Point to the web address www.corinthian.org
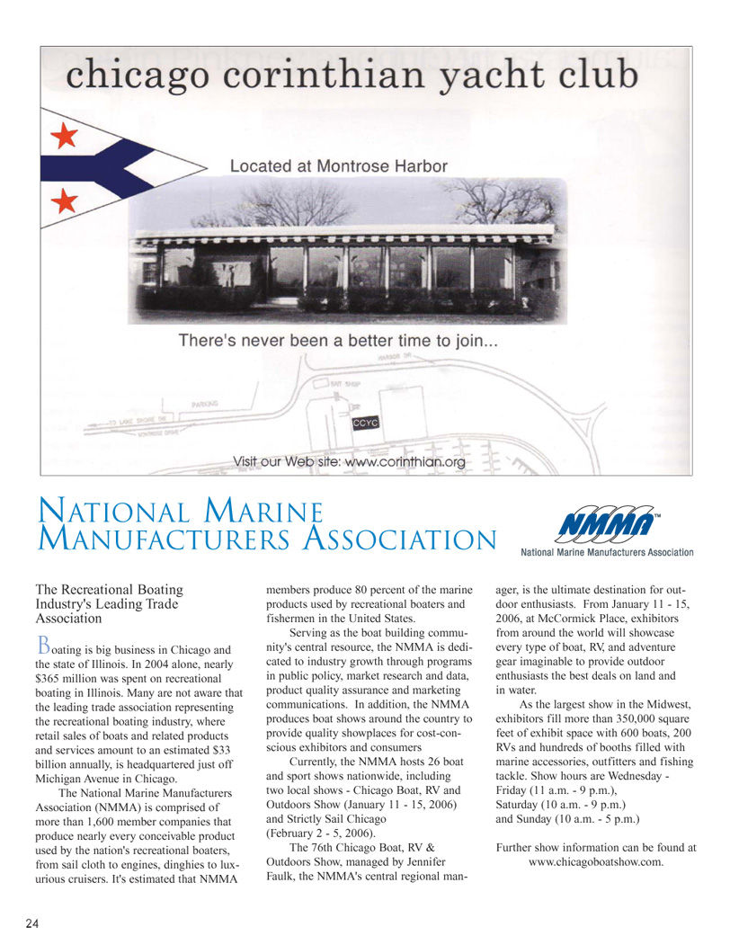point(405,462)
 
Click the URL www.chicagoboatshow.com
point(596,861)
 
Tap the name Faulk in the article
point(283,878)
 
